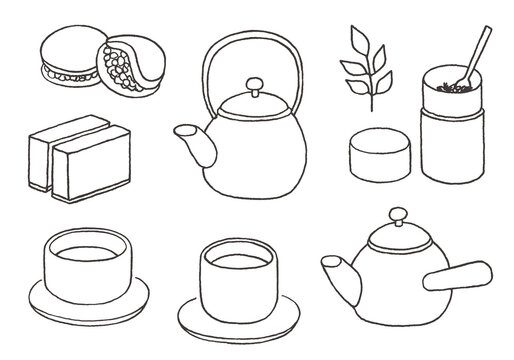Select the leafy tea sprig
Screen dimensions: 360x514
click(359, 66)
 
